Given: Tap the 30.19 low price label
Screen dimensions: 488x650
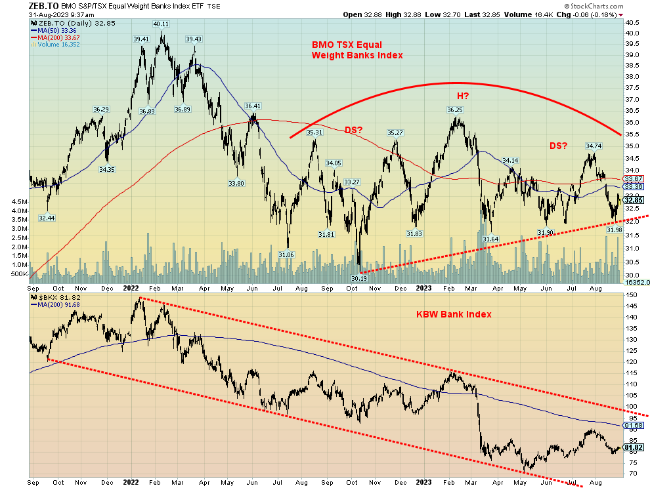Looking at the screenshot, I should [x=358, y=278].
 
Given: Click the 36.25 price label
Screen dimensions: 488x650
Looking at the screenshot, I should [x=455, y=110].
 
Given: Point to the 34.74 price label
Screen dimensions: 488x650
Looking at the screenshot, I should [x=594, y=146].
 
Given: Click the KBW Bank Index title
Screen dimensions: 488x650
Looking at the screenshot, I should [x=454, y=314].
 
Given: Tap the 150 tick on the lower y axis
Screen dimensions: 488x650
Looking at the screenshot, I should [x=631, y=295].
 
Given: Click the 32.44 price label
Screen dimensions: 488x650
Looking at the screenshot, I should [x=47, y=217].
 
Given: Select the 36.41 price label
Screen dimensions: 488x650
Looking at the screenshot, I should [x=253, y=106].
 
